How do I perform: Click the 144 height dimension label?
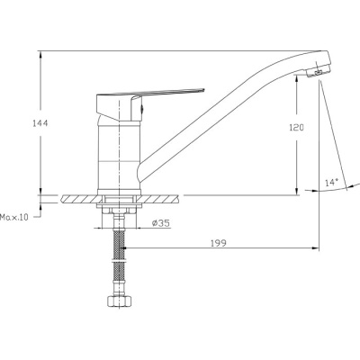point(40,123)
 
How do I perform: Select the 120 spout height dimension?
point(296,128)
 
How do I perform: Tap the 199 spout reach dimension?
point(218,243)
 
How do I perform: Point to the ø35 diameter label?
point(161,223)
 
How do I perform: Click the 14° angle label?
point(331,182)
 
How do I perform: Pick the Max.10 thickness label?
point(14,217)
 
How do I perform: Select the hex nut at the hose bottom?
point(119,301)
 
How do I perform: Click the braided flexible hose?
point(119,258)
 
